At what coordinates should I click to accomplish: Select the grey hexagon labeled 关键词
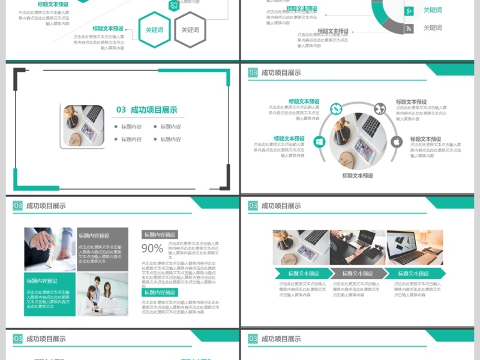pos(190,29)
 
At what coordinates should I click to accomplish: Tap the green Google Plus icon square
pos(409,11)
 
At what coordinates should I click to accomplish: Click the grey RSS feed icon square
pos(409,28)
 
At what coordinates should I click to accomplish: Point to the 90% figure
pos(152,248)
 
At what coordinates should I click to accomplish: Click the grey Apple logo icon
pos(396,142)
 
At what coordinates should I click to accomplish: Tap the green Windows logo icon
pos(319,142)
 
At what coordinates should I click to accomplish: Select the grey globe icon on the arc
pos(380,109)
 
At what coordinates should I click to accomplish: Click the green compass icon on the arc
pos(335,109)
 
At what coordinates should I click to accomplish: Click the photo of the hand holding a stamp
pos(50,249)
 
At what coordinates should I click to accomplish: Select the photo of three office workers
pos(102,294)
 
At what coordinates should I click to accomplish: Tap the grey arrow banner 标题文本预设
pos(358,274)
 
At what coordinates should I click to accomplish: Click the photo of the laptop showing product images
pos(415,247)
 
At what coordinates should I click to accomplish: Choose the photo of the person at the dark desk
pos(358,247)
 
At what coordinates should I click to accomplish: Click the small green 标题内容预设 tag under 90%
pos(160,292)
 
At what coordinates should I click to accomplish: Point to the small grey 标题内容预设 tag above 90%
pos(160,235)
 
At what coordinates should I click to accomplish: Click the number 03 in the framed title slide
pos(121,110)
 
